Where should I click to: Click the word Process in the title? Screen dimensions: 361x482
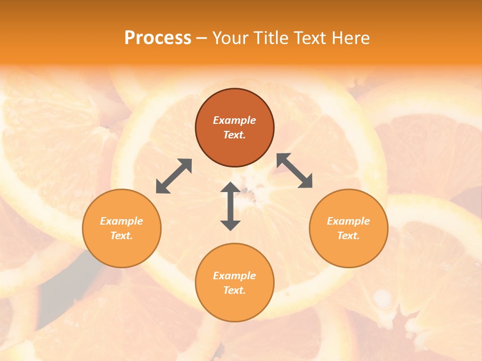(158, 38)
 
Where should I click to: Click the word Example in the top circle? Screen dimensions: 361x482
(234, 120)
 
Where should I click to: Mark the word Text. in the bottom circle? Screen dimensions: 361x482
(234, 290)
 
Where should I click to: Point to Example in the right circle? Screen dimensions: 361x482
(348, 221)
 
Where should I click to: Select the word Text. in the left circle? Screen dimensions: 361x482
(122, 236)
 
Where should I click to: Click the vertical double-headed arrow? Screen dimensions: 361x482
(230, 206)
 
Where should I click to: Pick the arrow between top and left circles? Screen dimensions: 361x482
(174, 176)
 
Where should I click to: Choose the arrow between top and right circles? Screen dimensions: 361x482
(295, 170)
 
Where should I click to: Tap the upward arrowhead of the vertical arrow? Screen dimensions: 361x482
(230, 188)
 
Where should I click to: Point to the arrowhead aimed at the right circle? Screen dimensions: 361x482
(306, 182)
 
